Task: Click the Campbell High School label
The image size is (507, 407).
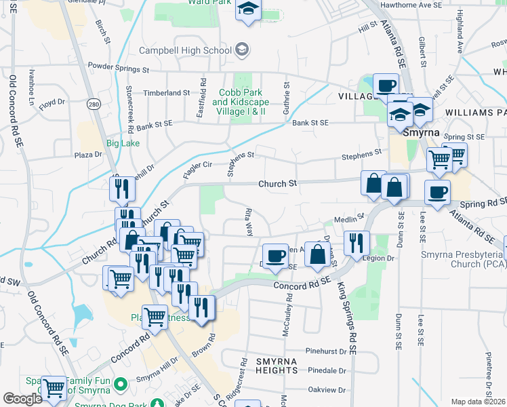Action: coord(185,50)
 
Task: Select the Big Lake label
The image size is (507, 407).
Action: coord(123,143)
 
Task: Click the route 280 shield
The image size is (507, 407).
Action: coord(93,104)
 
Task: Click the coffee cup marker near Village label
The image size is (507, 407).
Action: coord(386,85)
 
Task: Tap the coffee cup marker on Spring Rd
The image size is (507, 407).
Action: coord(437,191)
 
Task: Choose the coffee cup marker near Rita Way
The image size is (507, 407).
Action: coord(275,255)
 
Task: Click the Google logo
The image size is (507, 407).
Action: coord(22,398)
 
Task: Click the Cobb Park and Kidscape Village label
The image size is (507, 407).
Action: coord(233,102)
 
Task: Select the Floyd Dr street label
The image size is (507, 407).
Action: coord(52,104)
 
